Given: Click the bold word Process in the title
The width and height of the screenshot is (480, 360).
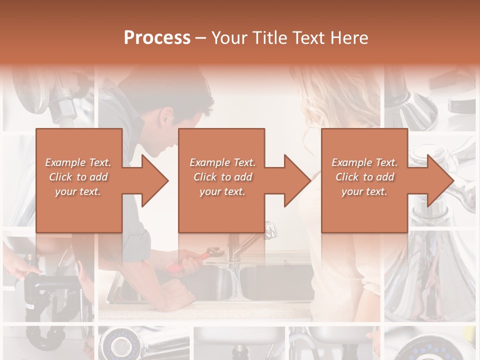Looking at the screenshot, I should (157, 38).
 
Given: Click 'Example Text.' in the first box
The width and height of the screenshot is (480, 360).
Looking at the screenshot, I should (78, 162).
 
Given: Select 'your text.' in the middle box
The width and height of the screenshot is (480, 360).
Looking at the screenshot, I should (222, 191).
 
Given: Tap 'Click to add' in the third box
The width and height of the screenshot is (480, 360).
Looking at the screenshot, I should (364, 177).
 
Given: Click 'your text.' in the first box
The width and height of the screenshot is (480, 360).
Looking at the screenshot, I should (78, 191).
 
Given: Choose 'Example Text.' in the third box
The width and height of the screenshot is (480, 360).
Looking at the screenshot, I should (364, 162).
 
